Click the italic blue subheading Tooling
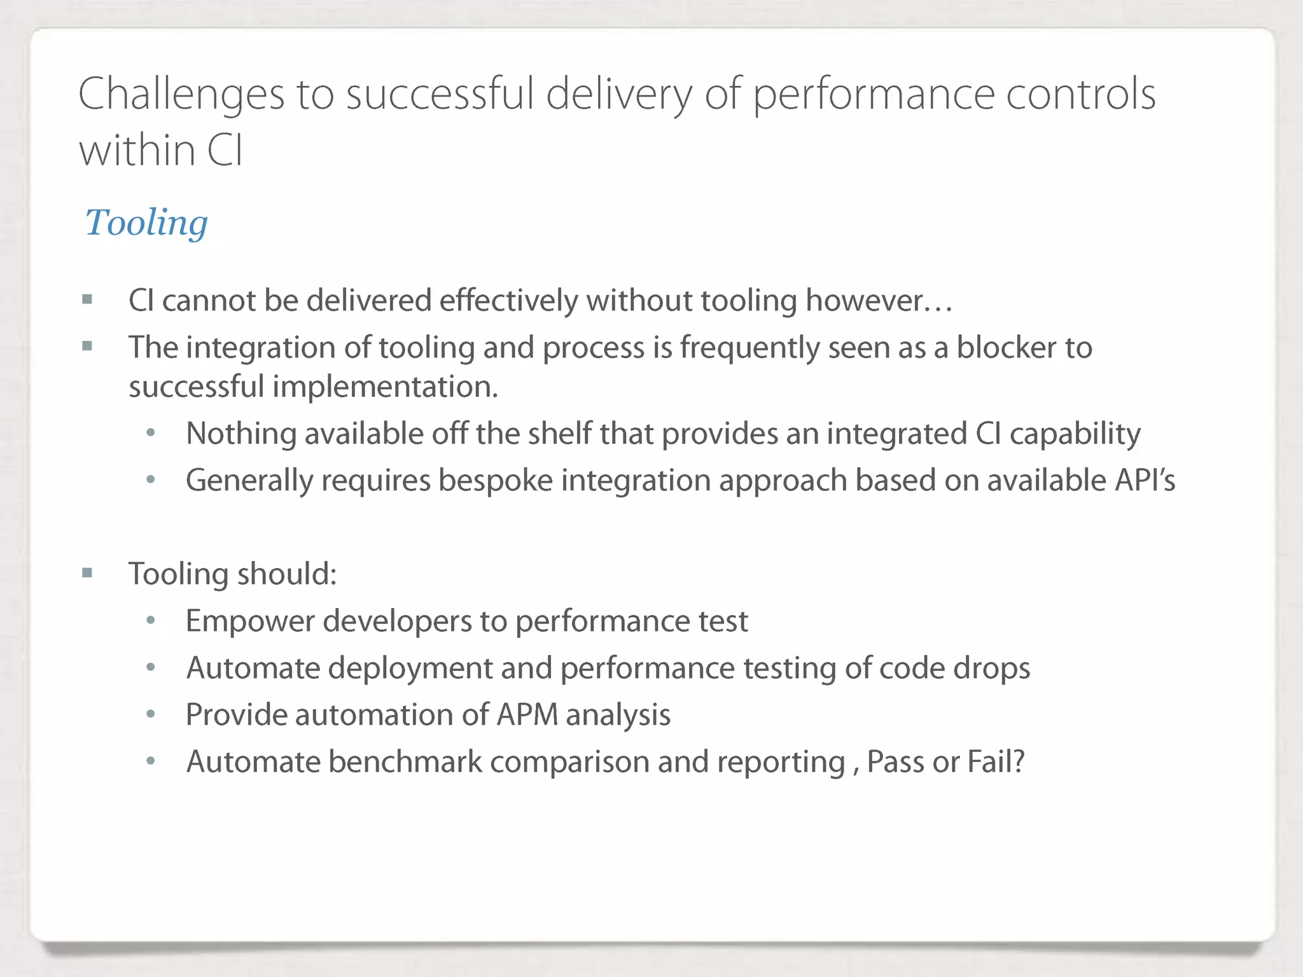tap(146, 223)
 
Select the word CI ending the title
tap(224, 151)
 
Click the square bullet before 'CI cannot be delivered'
tap(87, 299)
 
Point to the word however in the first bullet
tap(878, 300)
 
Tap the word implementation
tap(385, 387)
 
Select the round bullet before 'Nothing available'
tap(151, 433)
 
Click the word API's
tap(1145, 480)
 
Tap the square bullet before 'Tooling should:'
tap(87, 573)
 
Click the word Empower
tap(250, 621)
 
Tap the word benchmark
tap(405, 762)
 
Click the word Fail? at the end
tap(996, 761)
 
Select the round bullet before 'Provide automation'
tap(151, 714)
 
